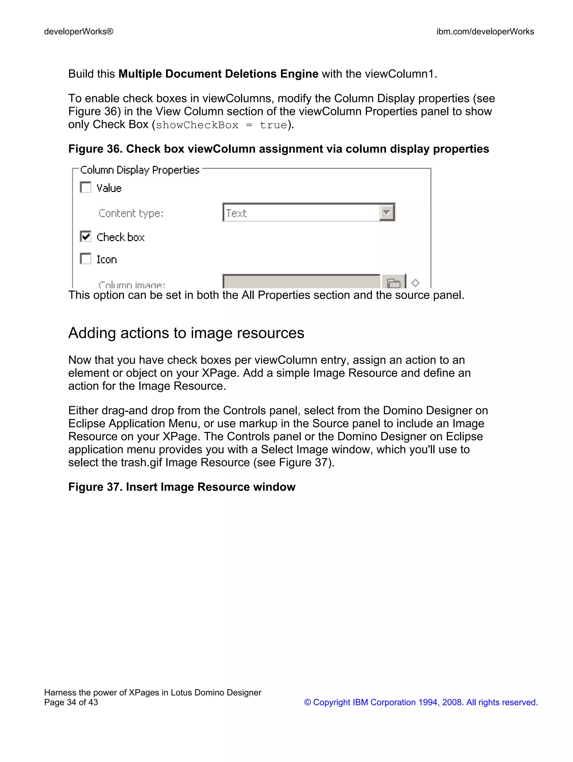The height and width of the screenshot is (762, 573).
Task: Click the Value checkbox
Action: (86, 188)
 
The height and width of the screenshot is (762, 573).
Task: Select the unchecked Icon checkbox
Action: (86, 259)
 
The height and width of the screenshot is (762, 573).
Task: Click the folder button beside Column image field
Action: (393, 283)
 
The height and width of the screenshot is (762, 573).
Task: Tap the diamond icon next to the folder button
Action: (415, 283)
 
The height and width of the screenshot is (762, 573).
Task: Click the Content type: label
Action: (131, 213)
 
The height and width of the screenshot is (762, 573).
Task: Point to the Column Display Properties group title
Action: (140, 170)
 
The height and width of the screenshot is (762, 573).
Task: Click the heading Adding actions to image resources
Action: (186, 333)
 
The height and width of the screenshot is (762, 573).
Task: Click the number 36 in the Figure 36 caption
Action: (113, 149)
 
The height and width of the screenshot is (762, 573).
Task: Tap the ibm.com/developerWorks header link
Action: (485, 32)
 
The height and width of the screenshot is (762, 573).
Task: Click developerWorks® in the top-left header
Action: (79, 32)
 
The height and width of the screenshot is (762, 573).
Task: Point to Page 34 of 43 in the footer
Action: (71, 702)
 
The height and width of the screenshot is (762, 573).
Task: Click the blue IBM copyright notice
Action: (421, 702)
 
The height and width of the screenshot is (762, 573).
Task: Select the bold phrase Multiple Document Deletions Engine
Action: (218, 74)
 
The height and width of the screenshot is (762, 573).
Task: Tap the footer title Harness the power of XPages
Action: (152, 692)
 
